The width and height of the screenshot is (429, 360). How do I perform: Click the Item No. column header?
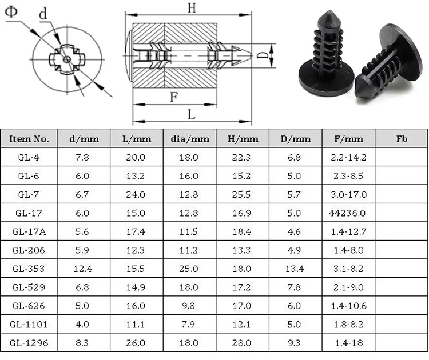pos(29,139)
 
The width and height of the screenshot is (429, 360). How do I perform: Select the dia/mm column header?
pos(190,139)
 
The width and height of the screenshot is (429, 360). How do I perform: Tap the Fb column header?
pos(402,139)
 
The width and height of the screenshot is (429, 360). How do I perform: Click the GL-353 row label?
pos(29,269)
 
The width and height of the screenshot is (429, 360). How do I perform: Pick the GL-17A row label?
pos(29,232)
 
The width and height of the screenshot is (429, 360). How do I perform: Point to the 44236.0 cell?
pos(347,213)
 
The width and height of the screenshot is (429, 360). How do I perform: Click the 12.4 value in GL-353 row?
pos(82,269)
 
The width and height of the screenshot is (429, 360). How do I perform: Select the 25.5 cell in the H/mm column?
pos(241,195)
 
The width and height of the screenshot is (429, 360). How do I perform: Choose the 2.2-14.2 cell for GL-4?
pos(348,158)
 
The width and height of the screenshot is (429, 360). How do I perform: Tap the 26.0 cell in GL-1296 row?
pos(136,343)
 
